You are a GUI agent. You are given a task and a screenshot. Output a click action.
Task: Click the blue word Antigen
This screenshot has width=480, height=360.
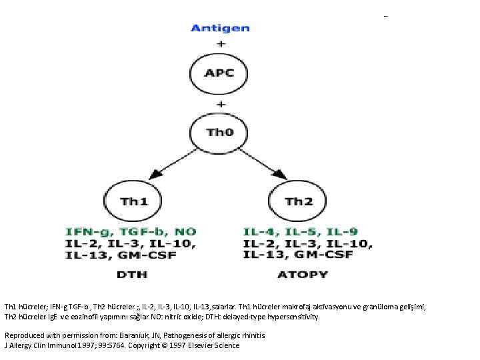point(220,28)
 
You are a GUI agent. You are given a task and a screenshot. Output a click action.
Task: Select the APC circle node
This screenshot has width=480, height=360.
point(219,73)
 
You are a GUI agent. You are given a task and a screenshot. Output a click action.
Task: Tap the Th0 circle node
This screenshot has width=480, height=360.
point(219,132)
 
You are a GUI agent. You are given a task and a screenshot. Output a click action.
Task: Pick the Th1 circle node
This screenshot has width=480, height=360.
point(133,201)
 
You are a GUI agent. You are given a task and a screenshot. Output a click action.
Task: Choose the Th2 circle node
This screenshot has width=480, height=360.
point(297,201)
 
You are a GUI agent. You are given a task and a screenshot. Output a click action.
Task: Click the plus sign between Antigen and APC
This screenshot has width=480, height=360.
point(220,43)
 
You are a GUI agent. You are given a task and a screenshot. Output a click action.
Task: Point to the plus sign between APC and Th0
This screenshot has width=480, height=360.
point(220,103)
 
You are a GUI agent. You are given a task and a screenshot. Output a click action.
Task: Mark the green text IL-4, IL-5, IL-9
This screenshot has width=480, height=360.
point(291,231)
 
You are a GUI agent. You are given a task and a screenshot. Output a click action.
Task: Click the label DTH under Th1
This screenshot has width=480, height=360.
point(132,274)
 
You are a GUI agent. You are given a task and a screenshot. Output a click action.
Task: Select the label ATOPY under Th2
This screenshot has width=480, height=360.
point(302,274)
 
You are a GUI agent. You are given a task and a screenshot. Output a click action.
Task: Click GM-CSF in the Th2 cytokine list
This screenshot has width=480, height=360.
point(329,255)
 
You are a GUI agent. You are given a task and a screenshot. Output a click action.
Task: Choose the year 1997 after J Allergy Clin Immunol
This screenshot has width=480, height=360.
point(87,345)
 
